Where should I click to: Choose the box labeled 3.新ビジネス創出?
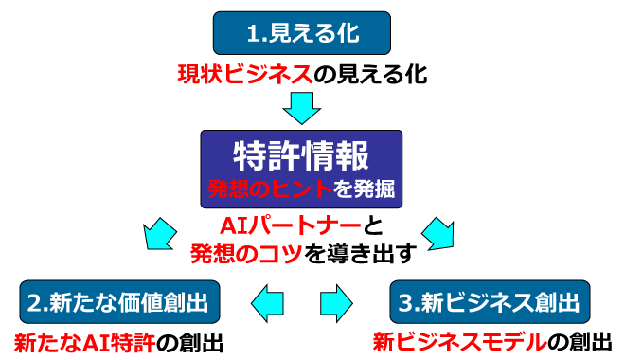(489, 302)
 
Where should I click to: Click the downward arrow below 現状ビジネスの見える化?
(302, 107)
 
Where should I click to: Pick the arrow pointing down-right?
(438, 231)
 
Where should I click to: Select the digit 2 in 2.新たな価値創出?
(34, 302)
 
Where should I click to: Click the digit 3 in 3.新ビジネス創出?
(404, 302)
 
